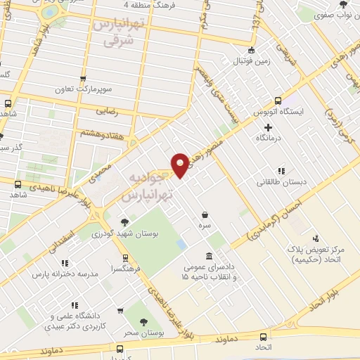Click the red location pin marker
(181, 165)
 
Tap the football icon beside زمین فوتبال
(252, 50)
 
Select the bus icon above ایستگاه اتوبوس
(278, 101)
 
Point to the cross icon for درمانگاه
(268, 127)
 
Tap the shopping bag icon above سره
(205, 214)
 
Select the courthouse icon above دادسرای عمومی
(209, 257)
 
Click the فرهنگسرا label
(125, 269)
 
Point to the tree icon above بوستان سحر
(144, 322)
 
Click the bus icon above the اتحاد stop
(263, 336)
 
